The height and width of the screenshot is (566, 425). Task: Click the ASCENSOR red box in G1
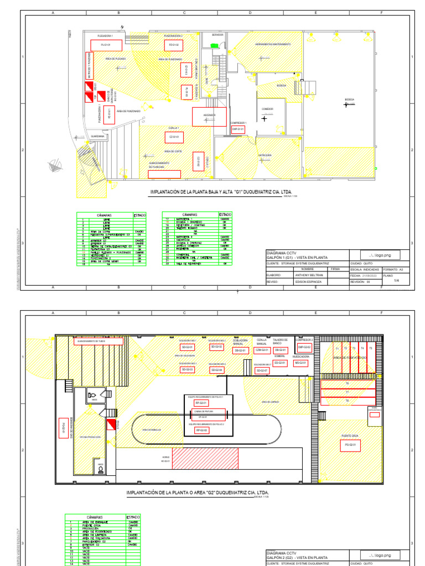pyautogui.click(x=209, y=117)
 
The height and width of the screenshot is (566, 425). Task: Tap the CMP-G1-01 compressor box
pyautogui.click(x=238, y=129)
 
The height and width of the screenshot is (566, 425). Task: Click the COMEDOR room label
pyautogui.click(x=267, y=109)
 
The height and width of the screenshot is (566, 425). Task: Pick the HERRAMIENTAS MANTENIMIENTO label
pyautogui.click(x=271, y=44)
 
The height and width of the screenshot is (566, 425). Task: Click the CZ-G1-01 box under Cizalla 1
pyautogui.click(x=173, y=136)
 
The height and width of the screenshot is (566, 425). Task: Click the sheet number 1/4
pyautogui.click(x=396, y=280)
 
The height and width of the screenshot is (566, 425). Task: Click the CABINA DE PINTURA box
pyautogui.click(x=204, y=411)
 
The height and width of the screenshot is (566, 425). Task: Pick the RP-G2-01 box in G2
pyautogui.click(x=201, y=403)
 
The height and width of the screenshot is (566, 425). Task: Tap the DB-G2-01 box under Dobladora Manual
pyautogui.click(x=240, y=350)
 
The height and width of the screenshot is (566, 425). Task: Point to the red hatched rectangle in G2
pyautogui.click(x=205, y=459)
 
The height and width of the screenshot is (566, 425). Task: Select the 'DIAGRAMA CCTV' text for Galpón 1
pyautogui.click(x=282, y=251)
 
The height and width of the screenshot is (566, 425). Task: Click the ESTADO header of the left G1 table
pyautogui.click(x=139, y=215)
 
